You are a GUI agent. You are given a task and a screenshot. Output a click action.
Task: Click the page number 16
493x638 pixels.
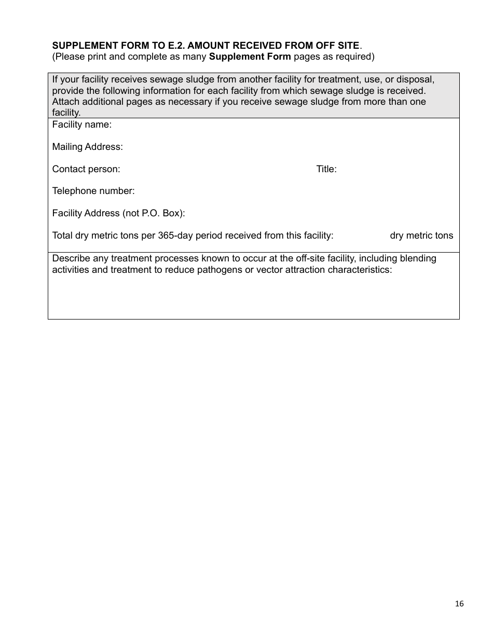[459, 603]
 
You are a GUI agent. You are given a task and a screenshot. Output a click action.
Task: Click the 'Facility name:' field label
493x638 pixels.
[82, 125]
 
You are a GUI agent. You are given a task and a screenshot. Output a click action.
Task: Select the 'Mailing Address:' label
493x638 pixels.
[88, 147]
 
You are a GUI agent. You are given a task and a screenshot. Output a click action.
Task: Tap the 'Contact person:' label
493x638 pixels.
[86, 169]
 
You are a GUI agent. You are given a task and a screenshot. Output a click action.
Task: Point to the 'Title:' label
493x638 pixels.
[326, 169]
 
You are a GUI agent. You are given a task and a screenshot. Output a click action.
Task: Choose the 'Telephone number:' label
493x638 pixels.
[93, 191]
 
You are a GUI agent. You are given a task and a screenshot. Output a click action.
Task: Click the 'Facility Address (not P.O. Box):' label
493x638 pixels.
[119, 213]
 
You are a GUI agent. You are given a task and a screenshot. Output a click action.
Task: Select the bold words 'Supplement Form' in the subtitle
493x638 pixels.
[250, 57]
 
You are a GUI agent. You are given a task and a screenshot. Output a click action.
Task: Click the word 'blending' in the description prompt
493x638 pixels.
[418, 258]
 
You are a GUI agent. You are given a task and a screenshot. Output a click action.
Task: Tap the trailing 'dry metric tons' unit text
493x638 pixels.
[421, 235]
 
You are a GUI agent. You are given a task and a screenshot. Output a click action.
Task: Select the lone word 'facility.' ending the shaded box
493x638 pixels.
[66, 113]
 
